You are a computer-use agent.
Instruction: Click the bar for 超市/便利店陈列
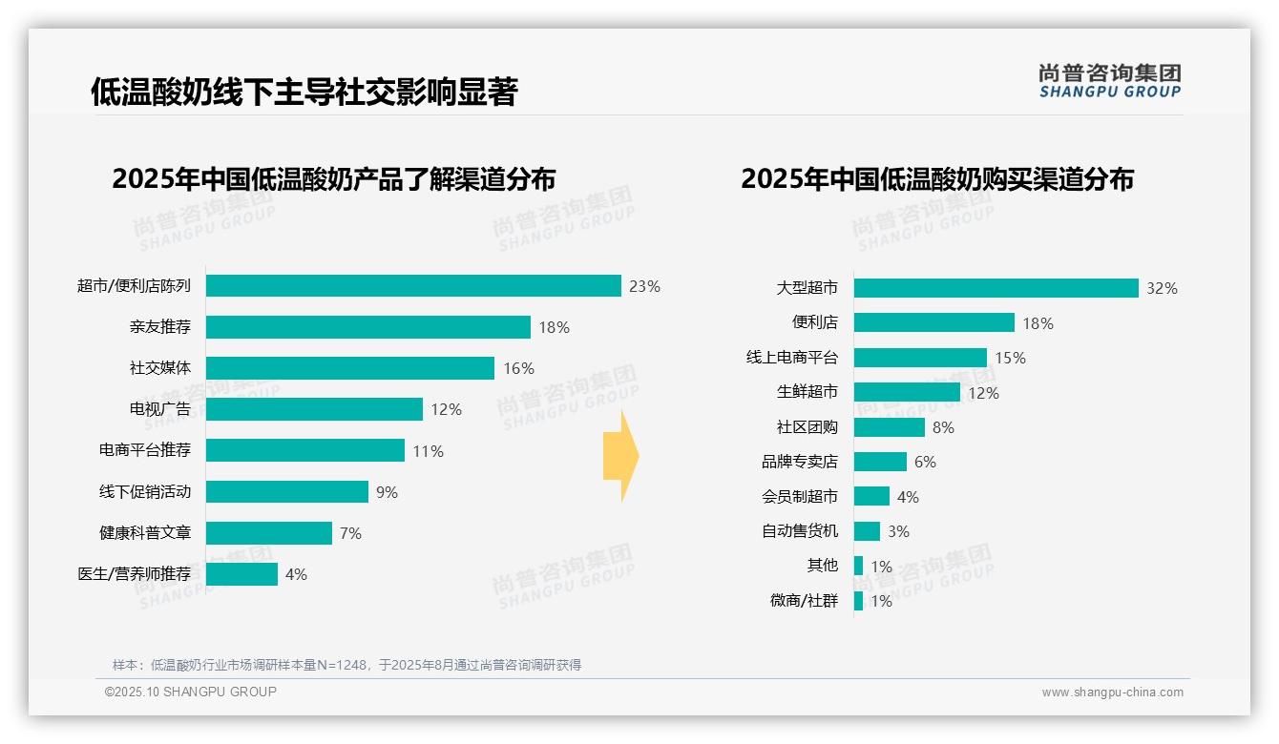click(413, 286)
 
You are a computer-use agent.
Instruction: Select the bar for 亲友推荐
click(367, 327)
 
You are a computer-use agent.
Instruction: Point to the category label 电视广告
click(159, 409)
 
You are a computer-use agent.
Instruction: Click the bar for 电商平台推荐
click(305, 450)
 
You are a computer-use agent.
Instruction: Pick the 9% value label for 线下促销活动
click(387, 492)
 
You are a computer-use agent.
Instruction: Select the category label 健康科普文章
click(145, 532)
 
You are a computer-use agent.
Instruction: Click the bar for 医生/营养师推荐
click(241, 574)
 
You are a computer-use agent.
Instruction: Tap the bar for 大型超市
click(996, 288)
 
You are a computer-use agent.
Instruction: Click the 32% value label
click(1162, 288)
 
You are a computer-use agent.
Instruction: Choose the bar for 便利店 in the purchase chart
click(933, 322)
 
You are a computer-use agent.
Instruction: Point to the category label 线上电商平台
click(791, 358)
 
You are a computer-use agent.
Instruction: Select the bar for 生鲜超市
click(907, 392)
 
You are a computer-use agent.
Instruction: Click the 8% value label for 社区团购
click(943, 427)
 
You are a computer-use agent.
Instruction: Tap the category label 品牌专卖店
click(799, 462)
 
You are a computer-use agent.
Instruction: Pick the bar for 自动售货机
click(867, 531)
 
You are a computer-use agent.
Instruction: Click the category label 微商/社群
click(804, 601)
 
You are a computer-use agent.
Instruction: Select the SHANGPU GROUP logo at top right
click(1109, 81)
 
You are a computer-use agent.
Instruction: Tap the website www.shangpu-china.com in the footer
click(1112, 692)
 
